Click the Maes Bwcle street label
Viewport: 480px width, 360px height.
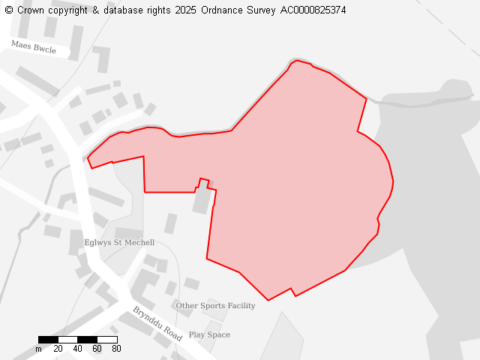coord(33,46)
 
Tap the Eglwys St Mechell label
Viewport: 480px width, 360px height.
coord(119,243)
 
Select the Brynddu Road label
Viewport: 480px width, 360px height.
coord(157,324)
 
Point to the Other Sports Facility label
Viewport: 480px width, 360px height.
coord(215,306)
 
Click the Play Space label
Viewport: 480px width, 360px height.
coord(209,335)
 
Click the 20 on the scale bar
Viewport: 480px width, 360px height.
coord(58,349)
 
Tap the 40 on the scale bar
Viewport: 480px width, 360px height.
coord(77,349)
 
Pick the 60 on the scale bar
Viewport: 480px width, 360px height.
coord(97,349)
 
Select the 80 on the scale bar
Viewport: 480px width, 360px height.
coord(116,349)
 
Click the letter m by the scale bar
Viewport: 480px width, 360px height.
coord(38,349)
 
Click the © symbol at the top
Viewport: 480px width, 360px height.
coord(8,10)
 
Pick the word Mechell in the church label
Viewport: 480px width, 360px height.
coord(139,243)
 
